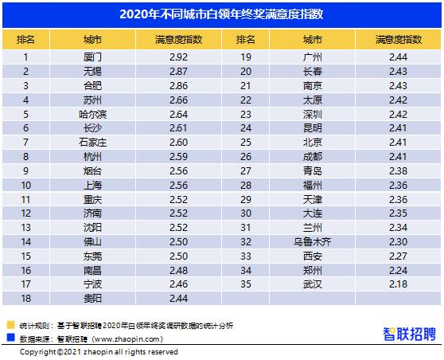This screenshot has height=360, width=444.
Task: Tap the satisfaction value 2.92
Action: click(x=177, y=57)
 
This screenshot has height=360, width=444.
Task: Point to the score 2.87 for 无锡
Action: click(x=177, y=71)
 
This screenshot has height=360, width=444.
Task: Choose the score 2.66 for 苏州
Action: click(x=177, y=100)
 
